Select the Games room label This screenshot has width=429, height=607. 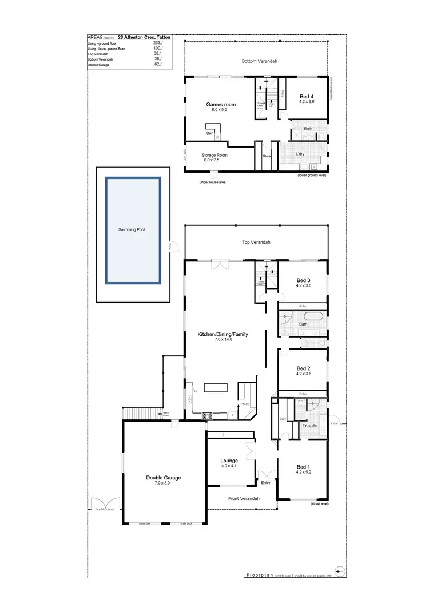221,105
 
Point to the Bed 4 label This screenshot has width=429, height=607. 307,97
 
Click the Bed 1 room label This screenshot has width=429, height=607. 303,467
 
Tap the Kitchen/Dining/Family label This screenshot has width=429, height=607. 223,334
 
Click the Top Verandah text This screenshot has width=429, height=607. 256,243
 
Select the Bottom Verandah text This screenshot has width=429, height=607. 259,61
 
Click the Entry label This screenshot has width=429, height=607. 265,483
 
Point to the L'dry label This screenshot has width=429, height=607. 300,155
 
